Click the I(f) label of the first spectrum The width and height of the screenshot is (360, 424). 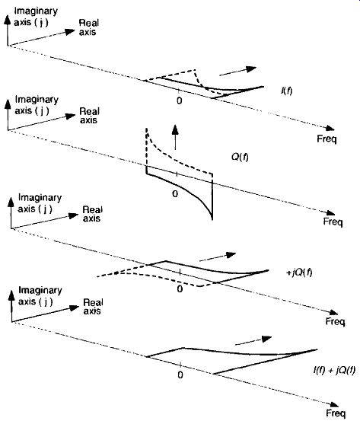[287, 91]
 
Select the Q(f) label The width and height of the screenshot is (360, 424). [240, 157]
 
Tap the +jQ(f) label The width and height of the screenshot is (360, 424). [299, 273]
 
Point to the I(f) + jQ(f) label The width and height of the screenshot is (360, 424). [334, 370]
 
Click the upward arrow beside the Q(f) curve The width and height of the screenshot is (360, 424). [175, 137]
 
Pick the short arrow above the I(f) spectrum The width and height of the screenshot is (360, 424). [237, 71]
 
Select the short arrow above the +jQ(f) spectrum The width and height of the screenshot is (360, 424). [218, 257]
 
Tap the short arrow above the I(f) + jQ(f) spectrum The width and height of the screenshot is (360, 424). [253, 340]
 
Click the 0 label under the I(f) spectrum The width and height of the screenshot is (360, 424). [179, 101]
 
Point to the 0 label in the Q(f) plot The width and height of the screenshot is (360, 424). [175, 193]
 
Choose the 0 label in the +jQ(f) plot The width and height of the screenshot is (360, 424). [180, 289]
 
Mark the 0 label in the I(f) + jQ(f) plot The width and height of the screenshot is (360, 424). [180, 375]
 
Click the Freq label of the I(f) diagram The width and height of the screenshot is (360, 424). [327, 139]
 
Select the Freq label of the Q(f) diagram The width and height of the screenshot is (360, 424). [333, 222]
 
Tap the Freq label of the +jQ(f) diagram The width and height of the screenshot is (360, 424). [336, 321]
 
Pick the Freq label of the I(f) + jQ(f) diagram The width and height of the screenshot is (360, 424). [336, 413]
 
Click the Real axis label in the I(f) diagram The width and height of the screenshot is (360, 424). [88, 27]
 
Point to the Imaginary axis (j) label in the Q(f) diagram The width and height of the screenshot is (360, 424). [37, 105]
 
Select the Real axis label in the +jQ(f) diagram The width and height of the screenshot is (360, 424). [92, 214]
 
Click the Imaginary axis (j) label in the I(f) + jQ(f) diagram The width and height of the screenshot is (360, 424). [40, 296]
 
